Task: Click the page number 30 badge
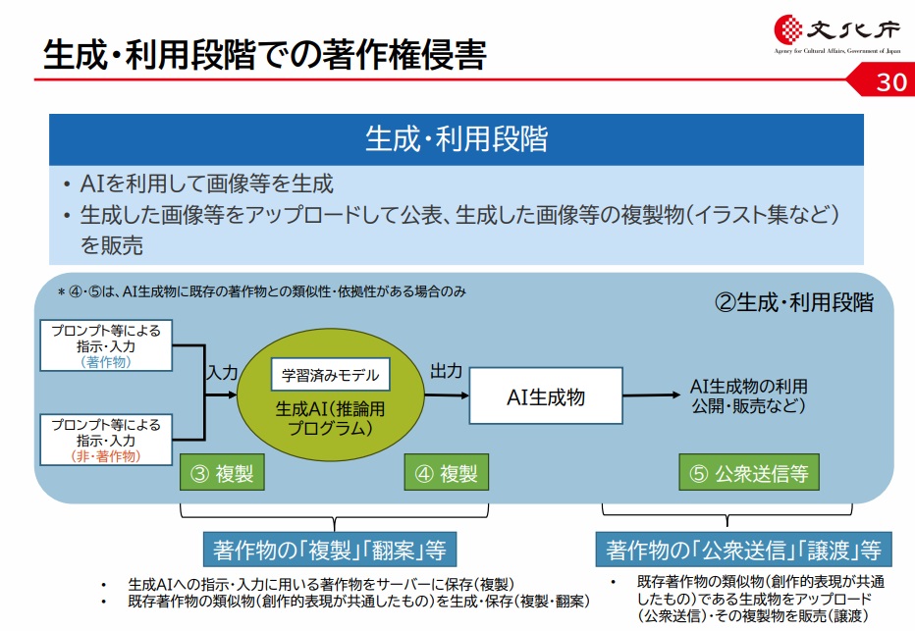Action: [x=890, y=82]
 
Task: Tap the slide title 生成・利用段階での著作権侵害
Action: [x=264, y=55]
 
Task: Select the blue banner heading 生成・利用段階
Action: [x=457, y=138]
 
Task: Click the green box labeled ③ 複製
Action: [x=222, y=474]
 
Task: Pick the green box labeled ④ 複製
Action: [x=446, y=474]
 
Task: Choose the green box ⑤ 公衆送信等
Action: [x=749, y=474]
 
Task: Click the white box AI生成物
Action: [x=545, y=396]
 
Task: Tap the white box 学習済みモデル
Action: [x=329, y=375]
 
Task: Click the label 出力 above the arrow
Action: [x=446, y=372]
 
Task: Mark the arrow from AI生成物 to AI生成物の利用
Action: [x=650, y=396]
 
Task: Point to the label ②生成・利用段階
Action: [x=792, y=302]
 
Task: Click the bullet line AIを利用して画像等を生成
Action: [x=207, y=184]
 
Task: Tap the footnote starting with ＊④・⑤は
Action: [x=260, y=291]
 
